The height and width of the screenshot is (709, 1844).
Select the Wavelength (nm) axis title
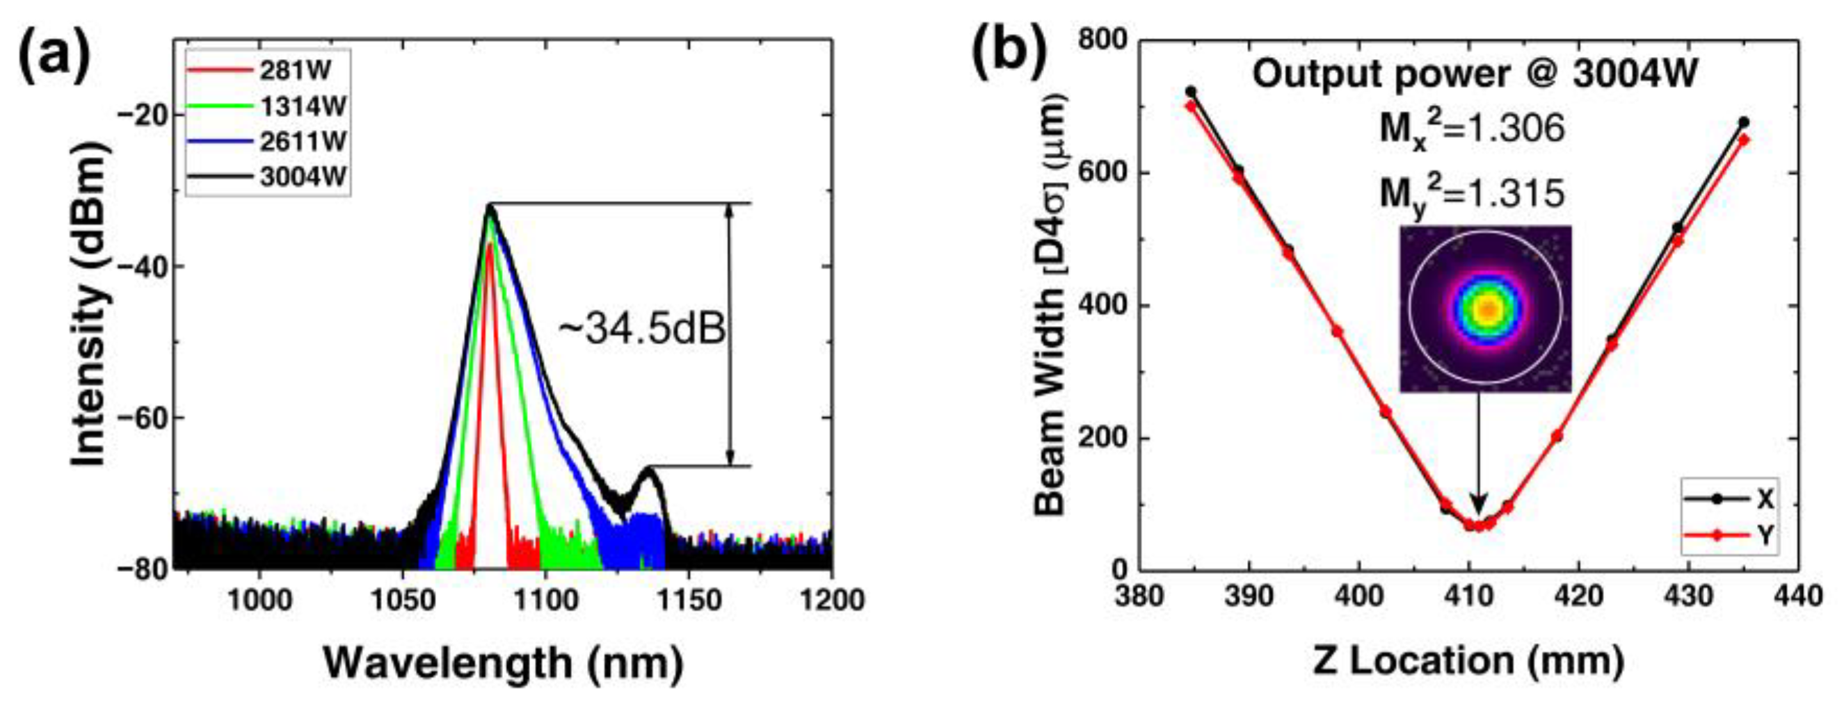pyautogui.click(x=504, y=662)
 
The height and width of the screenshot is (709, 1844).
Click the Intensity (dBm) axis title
pyautogui.click(x=91, y=302)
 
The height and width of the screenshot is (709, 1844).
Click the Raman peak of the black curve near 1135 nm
pyautogui.click(x=650, y=469)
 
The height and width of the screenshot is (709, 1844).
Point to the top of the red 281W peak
pyautogui.click(x=489, y=244)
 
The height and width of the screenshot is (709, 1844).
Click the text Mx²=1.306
pyautogui.click(x=1473, y=131)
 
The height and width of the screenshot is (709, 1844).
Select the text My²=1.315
pyautogui.click(x=1473, y=193)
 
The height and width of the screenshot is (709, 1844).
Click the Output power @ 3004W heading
pyautogui.click(x=1474, y=74)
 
